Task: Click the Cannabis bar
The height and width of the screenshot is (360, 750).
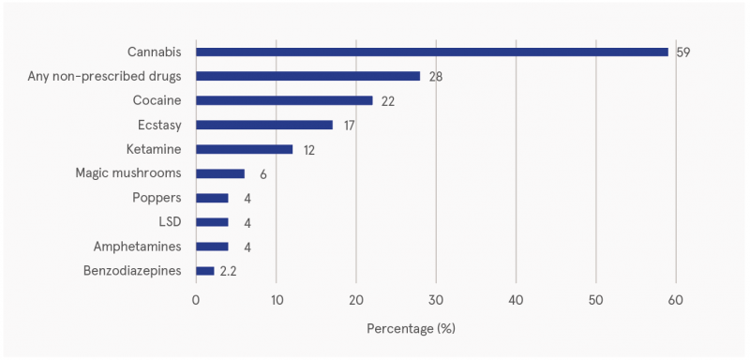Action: point(431,52)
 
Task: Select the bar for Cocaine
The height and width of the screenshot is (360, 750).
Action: point(284,100)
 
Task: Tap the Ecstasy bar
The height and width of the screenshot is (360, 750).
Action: point(263,125)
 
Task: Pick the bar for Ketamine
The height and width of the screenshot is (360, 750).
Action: point(244,149)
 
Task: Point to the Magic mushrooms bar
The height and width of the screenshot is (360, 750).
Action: point(219,173)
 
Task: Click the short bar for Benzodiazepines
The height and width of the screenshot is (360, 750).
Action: point(204,271)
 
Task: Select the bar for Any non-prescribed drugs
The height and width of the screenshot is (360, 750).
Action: point(307,76)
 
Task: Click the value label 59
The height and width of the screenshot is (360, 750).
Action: point(683,52)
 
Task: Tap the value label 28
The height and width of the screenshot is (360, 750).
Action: point(436,76)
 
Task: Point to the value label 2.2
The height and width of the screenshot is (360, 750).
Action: point(229,271)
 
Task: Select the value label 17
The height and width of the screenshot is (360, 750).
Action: point(349,125)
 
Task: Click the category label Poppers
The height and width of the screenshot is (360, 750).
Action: point(158,198)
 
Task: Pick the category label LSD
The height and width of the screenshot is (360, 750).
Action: point(170,222)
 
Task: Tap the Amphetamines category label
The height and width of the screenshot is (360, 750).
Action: point(138,247)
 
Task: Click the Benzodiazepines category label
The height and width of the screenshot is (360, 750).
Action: point(132,271)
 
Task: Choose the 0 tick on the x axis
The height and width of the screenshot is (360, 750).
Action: point(196,300)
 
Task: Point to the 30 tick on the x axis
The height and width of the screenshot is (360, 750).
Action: point(436,300)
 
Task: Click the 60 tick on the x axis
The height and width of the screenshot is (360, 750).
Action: point(676,300)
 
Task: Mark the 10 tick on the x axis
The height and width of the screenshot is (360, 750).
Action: point(276,300)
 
